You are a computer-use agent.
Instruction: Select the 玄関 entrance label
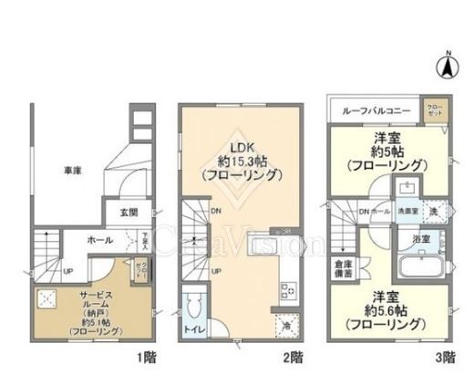128,213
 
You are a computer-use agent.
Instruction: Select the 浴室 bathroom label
423,238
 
